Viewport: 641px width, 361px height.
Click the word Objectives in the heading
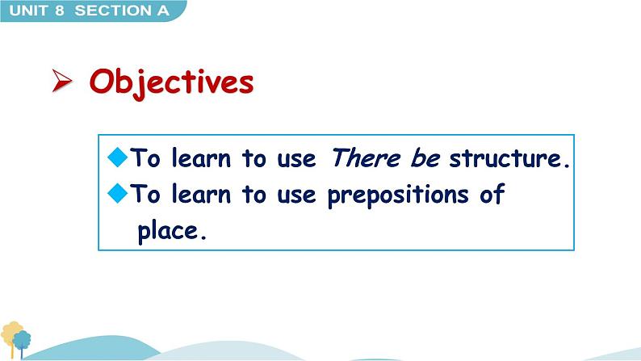(171, 82)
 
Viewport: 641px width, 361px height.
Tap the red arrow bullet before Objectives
(63, 82)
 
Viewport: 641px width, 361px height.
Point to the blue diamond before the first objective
(118, 157)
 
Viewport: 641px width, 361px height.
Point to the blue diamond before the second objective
(118, 193)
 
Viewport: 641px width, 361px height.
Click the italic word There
(362, 158)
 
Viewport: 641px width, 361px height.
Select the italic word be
(425, 158)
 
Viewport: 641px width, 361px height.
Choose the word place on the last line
(167, 232)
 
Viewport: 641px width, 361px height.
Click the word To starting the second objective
(145, 195)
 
